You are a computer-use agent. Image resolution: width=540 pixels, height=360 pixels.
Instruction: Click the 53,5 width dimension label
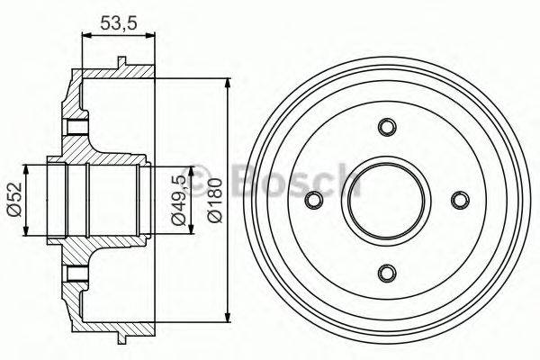(112, 24)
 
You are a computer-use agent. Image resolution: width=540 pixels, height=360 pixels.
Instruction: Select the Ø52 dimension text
(13, 199)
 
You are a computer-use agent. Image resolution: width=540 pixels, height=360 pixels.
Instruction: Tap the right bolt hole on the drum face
(460, 200)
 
